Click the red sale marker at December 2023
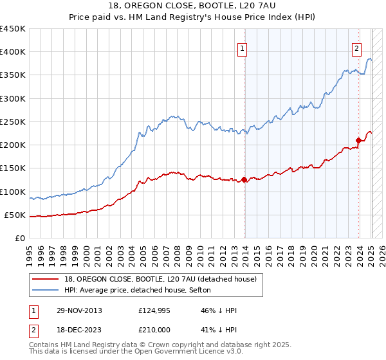(358, 139)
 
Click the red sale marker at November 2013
(244, 179)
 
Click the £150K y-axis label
(13, 168)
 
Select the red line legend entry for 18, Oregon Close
(161, 278)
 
